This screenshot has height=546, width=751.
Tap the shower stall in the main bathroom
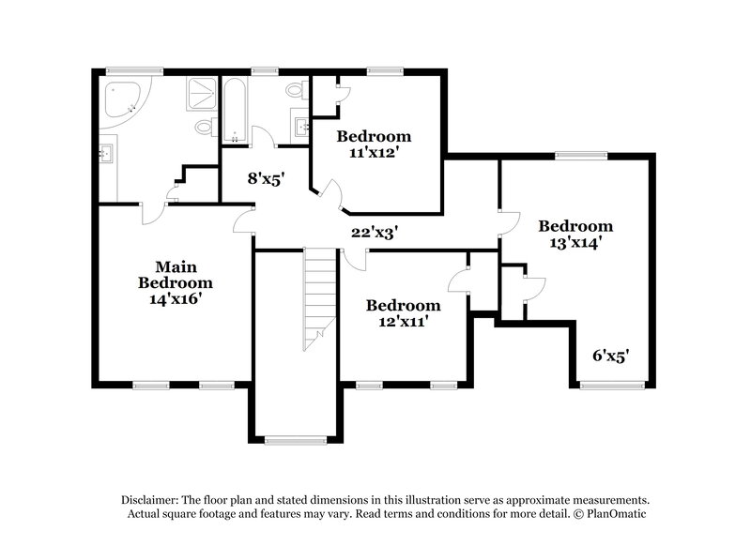(x=199, y=93)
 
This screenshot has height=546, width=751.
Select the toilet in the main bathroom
(x=203, y=127)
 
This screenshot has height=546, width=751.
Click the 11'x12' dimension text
(x=375, y=152)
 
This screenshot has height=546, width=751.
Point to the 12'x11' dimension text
(x=403, y=322)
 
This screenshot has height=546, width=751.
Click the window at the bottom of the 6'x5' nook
(x=612, y=385)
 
